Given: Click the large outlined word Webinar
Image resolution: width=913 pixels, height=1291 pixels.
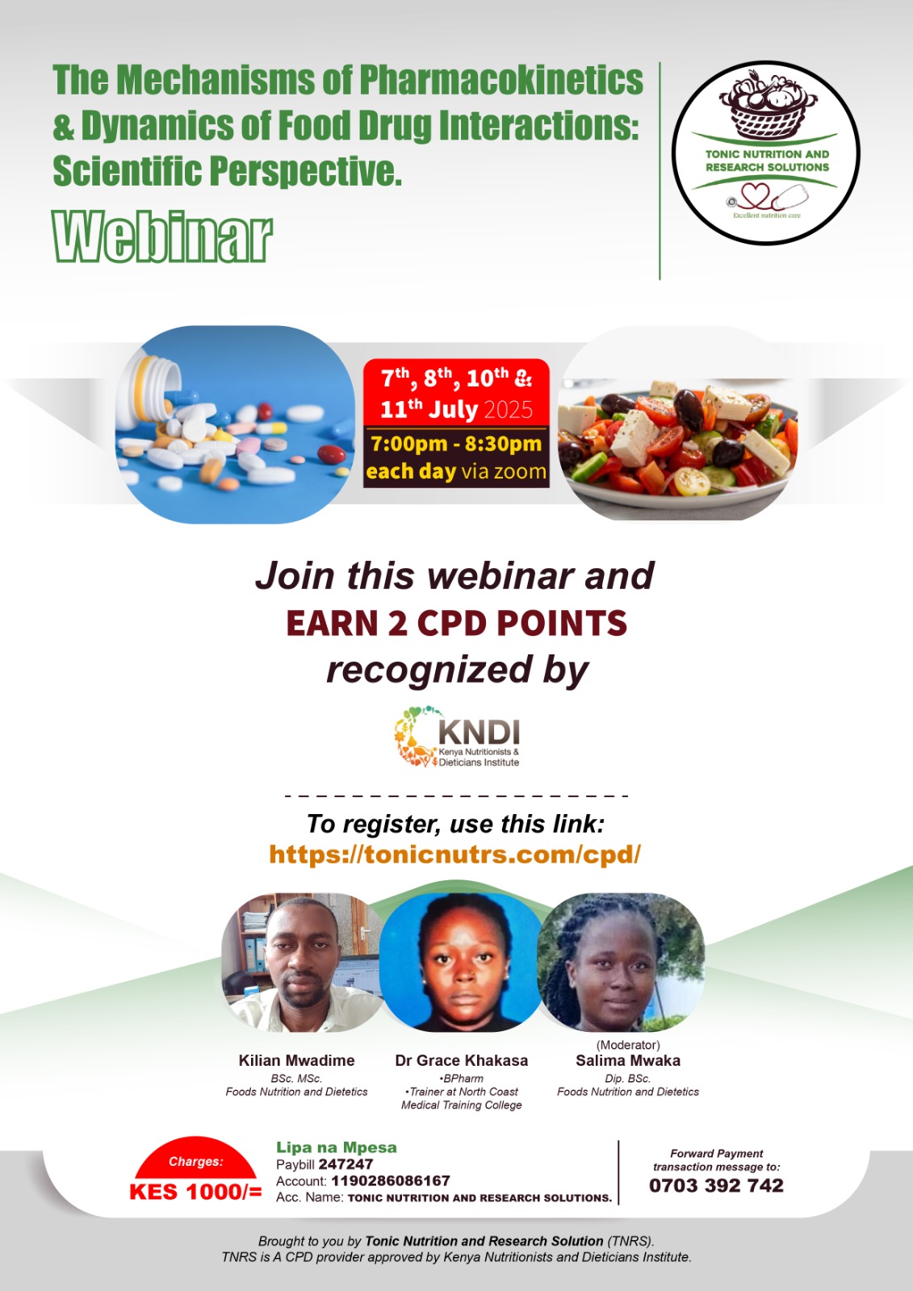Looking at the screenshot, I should pyautogui.click(x=162, y=237).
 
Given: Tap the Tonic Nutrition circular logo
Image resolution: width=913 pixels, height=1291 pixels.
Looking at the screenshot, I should pyautogui.click(x=766, y=152).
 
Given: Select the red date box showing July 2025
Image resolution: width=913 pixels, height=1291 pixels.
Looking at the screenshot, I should pyautogui.click(x=456, y=393).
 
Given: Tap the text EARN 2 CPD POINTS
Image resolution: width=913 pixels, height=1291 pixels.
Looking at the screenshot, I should pyautogui.click(x=456, y=624).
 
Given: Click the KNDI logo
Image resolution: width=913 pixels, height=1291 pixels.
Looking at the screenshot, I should pyautogui.click(x=458, y=736).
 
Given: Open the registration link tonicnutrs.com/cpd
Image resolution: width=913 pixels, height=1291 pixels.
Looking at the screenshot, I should pyautogui.click(x=454, y=854).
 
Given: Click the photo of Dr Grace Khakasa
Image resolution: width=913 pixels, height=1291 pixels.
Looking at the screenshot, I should pyautogui.click(x=462, y=963).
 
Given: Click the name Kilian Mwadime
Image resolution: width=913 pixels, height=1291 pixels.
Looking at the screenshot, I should pyautogui.click(x=296, y=1060).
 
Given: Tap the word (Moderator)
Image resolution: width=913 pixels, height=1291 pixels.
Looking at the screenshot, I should pyautogui.click(x=628, y=1045).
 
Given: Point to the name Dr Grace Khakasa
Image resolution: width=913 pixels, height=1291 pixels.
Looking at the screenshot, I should pyautogui.click(x=461, y=1060).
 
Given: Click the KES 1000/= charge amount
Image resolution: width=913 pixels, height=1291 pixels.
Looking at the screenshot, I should pyautogui.click(x=195, y=1192).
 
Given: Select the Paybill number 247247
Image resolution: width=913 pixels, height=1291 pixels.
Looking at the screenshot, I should pyautogui.click(x=346, y=1164).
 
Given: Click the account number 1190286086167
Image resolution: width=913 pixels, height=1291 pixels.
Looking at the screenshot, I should pyautogui.click(x=391, y=1180).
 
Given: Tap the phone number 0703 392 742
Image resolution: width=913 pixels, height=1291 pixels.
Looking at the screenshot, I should pyautogui.click(x=716, y=1185).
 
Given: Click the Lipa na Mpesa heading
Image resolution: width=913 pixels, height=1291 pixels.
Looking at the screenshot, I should pyautogui.click(x=336, y=1147).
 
